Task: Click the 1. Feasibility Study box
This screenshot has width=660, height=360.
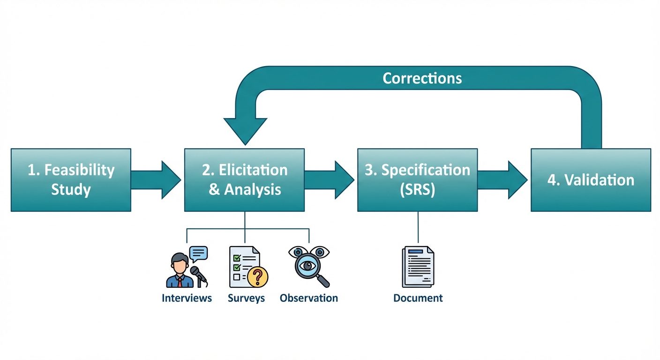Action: pyautogui.click(x=70, y=180)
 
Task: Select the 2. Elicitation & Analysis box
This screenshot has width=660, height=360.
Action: pyautogui.click(x=244, y=180)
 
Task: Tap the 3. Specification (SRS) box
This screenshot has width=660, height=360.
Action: pyautogui.click(x=417, y=180)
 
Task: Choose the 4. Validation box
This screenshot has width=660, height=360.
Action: pyautogui.click(x=591, y=180)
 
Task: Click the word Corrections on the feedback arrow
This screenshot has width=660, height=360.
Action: pyautogui.click(x=422, y=78)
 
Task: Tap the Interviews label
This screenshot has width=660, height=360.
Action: pyautogui.click(x=187, y=298)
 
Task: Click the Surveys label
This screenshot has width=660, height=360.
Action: pyautogui.click(x=246, y=298)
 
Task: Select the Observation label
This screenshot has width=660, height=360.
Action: pyautogui.click(x=308, y=298)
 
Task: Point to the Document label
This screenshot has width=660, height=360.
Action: pyautogui.click(x=418, y=298)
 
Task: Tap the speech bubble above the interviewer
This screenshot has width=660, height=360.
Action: pyautogui.click(x=198, y=253)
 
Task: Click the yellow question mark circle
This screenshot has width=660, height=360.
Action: pyautogui.click(x=257, y=277)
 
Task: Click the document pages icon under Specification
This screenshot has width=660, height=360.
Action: pyautogui.click(x=418, y=267)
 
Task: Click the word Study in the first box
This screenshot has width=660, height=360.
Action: pyautogui.click(x=71, y=190)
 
